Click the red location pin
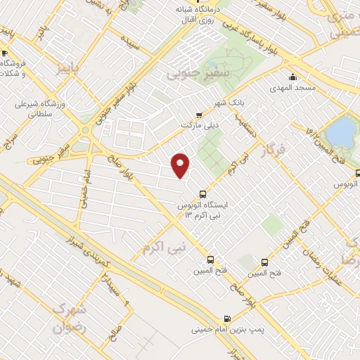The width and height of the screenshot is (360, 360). coord(181,165)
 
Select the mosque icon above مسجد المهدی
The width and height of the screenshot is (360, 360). coord(292,77)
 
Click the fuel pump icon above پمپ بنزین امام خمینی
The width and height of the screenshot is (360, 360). coord(226,318)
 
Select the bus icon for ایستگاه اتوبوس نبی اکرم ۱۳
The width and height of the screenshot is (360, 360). coord(203,193)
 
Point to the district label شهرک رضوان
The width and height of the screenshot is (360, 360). coord(72,317)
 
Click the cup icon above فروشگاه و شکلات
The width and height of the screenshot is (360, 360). coord(4,53)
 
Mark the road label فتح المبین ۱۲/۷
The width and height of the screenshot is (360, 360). coord(314,131)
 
